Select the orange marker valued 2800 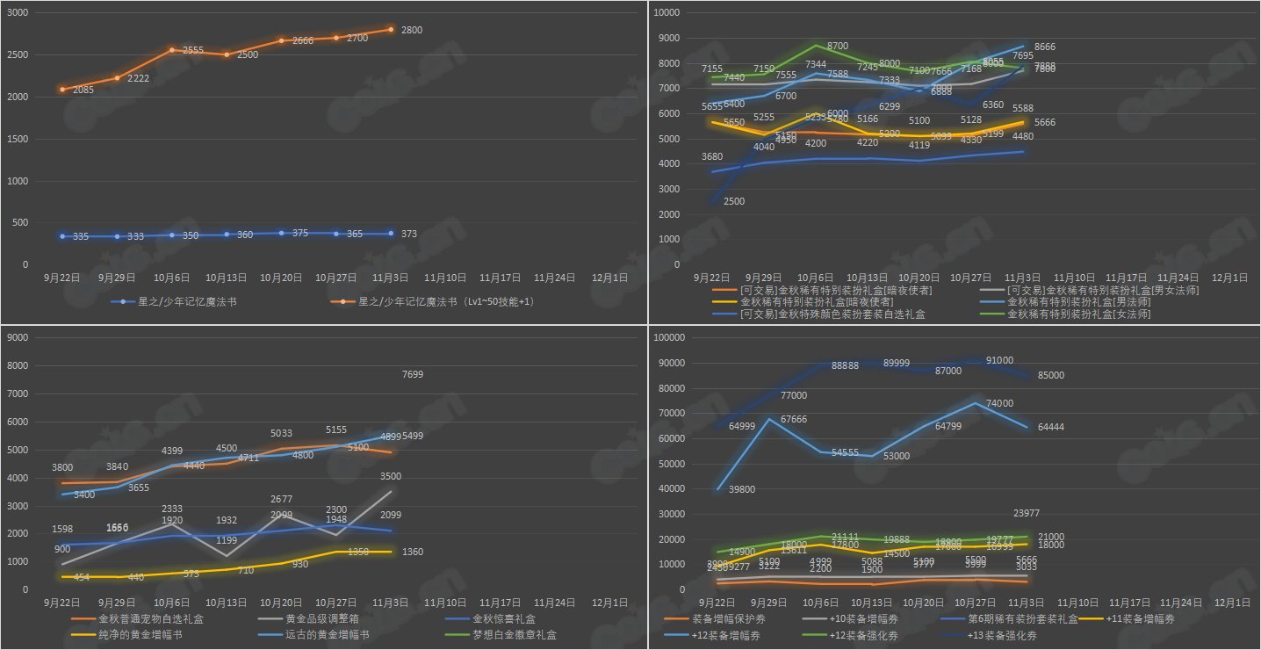[x=391, y=30]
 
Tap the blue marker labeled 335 [x=62, y=236]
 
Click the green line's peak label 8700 [x=838, y=46]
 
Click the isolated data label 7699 [x=414, y=374]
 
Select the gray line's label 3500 [x=391, y=477]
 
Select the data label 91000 [x=999, y=360]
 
